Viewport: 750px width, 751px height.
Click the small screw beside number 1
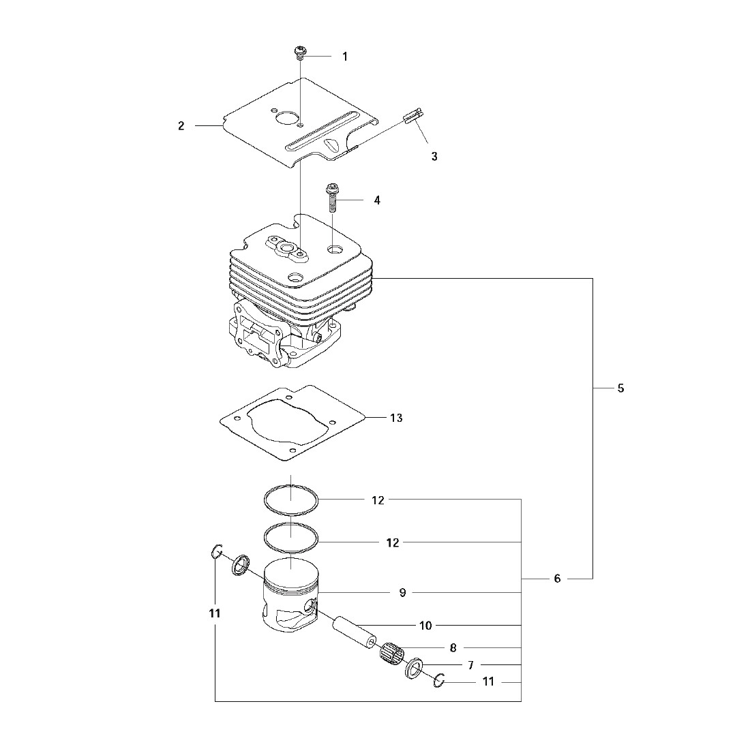300,52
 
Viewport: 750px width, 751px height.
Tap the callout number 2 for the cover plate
181,126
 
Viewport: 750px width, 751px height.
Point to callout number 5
620,388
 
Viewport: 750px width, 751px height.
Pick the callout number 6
557,579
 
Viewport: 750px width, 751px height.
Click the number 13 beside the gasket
396,418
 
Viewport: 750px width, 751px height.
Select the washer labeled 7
414,669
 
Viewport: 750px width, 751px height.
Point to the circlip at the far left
216,551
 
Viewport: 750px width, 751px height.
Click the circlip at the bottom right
440,680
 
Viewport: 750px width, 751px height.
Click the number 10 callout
425,625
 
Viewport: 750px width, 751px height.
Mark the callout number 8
453,647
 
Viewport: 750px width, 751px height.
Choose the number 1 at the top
344,57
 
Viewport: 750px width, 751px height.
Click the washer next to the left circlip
239,565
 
